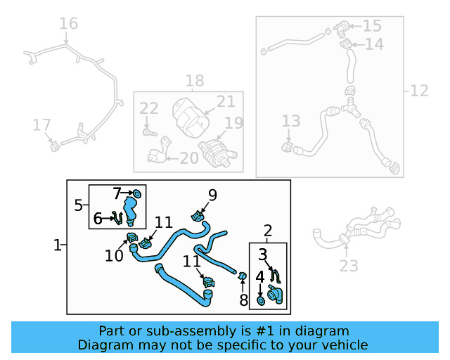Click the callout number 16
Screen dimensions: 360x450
(68, 24)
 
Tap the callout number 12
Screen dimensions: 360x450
(419, 90)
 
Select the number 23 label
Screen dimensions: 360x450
(349, 265)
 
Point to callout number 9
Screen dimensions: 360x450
(212, 194)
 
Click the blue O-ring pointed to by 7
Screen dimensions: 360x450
(136, 193)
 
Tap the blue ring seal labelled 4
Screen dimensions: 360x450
(261, 301)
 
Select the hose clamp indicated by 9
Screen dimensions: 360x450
(198, 215)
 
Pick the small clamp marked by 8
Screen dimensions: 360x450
(243, 276)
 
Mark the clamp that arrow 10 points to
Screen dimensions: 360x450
(131, 237)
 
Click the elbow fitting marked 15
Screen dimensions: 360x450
(341, 28)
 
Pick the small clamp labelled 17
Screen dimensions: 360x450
(53, 146)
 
